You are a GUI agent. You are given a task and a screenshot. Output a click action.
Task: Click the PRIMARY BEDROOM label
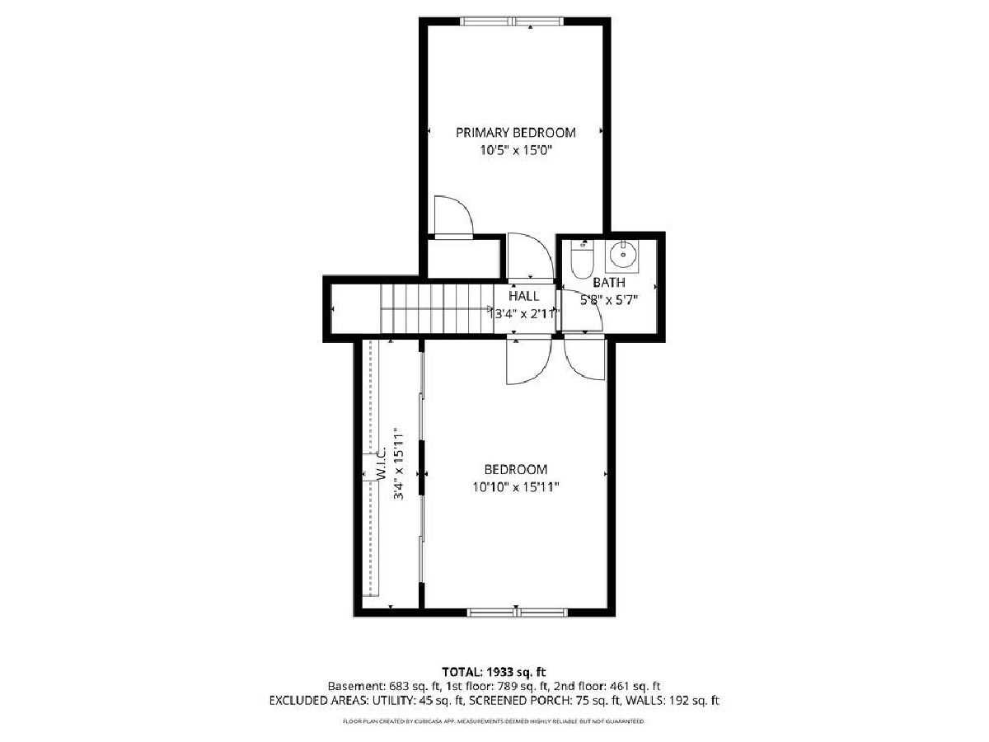[x=515, y=133]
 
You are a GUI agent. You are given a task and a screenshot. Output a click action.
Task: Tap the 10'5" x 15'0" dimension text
[x=516, y=150]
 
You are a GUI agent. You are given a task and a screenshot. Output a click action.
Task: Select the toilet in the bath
[x=583, y=260]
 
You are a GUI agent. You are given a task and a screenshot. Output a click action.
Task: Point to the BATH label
[x=609, y=283]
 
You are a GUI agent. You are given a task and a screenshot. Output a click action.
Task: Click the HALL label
[x=523, y=296]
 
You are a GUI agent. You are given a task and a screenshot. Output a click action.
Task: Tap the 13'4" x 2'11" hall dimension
[x=524, y=313]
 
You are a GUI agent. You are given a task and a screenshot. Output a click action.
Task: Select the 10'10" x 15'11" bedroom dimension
[x=516, y=487]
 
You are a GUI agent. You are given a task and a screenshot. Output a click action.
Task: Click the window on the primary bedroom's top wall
[x=512, y=21]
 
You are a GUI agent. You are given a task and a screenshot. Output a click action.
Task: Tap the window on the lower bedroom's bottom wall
[x=518, y=612]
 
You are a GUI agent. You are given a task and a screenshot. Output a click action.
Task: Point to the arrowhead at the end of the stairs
[x=490, y=308]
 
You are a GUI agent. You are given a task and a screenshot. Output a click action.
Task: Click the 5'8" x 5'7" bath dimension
[x=609, y=300]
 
